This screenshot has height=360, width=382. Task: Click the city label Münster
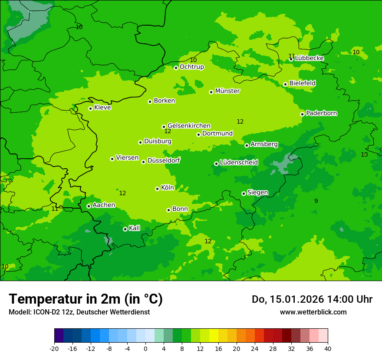click(x=227, y=91)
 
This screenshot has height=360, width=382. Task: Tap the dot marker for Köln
click(x=157, y=189)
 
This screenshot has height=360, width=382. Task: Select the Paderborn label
click(x=322, y=113)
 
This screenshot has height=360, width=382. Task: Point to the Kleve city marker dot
click(x=90, y=108)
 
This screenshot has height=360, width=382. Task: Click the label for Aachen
click(x=104, y=205)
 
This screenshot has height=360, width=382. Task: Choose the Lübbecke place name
click(x=310, y=58)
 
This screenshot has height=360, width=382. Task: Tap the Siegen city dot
click(x=244, y=193)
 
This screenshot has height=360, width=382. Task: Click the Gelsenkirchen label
click(x=189, y=126)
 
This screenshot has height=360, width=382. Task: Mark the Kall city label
click(x=135, y=228)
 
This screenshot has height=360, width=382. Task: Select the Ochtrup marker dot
click(x=176, y=68)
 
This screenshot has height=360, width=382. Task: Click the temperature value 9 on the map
click(x=316, y=201)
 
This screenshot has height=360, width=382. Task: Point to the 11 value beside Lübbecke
click(x=292, y=56)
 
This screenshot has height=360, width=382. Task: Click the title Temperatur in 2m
click(x=86, y=299)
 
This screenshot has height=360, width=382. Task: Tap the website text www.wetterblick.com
click(x=313, y=312)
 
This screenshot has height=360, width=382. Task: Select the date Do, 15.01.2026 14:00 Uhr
click(x=312, y=299)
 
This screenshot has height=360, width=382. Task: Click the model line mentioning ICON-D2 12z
click(x=79, y=312)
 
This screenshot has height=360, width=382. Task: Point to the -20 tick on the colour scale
click(x=54, y=348)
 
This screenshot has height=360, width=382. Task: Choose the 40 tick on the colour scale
click(x=328, y=348)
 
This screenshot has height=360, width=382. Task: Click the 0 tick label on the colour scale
click(x=145, y=348)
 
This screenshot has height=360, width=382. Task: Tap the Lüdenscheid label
click(x=239, y=163)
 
